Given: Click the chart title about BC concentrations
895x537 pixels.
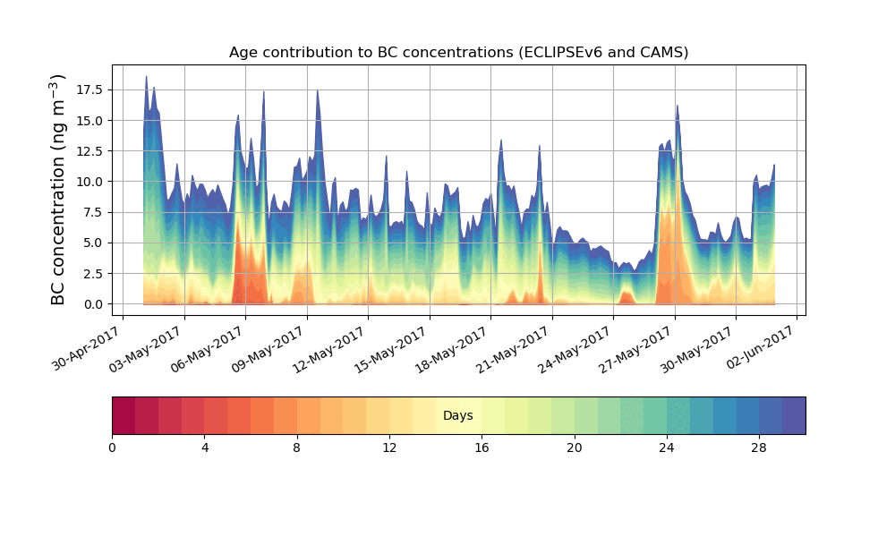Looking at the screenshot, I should click(x=458, y=52).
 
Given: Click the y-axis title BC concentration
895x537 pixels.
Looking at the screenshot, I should click(x=58, y=190).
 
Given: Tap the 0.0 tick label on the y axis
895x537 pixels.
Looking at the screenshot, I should click(x=92, y=304).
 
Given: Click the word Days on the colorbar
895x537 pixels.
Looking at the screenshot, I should click(x=458, y=416).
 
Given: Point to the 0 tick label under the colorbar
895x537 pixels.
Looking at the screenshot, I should click(x=112, y=447).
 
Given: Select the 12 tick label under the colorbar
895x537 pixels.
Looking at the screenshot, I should click(x=389, y=447).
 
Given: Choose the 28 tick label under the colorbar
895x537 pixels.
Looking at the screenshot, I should click(x=759, y=447).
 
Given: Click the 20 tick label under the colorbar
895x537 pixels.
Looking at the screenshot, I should click(x=574, y=447).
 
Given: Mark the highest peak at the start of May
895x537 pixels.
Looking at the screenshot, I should click(x=146, y=78).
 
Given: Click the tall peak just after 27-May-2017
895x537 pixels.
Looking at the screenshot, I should click(x=677, y=107).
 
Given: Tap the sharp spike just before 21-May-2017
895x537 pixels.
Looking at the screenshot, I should click(x=540, y=147).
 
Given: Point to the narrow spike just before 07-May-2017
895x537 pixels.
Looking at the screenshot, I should click(x=263, y=93).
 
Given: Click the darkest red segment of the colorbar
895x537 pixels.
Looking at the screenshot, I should click(x=124, y=415).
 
